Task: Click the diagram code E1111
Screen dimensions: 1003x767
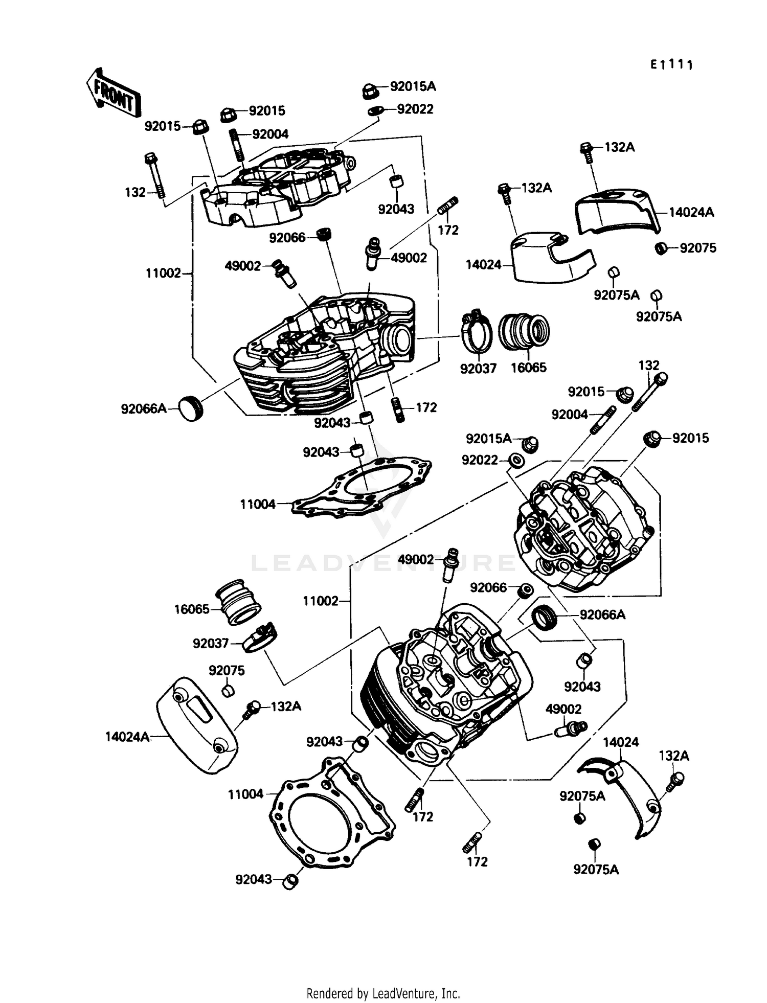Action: click(671, 65)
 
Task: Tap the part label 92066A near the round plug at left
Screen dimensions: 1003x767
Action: click(143, 408)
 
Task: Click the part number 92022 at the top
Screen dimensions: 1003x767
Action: click(415, 109)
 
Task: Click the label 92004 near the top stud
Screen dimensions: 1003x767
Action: click(270, 134)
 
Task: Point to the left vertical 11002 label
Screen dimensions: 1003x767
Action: click(163, 273)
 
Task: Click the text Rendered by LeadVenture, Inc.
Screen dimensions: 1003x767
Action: click(383, 993)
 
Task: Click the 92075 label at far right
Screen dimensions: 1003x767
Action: click(697, 248)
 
